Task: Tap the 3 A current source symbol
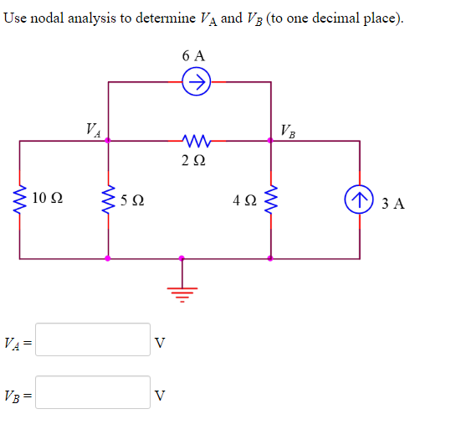coord(361,201)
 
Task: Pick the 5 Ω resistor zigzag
coord(106,200)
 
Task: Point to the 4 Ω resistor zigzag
coord(269,200)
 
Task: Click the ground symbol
coord(182,288)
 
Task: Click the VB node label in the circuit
coord(287,130)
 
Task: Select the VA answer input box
coord(93,340)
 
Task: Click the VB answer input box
coord(93,392)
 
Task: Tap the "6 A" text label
coord(193,55)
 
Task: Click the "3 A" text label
coord(392,202)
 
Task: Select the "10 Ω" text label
coord(47,199)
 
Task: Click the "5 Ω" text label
coord(131,201)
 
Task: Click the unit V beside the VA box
coord(161,343)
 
